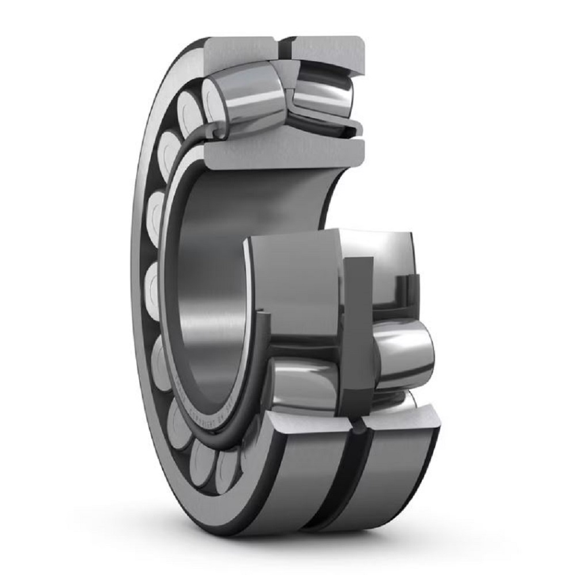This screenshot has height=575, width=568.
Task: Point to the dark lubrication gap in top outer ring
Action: (x=284, y=49)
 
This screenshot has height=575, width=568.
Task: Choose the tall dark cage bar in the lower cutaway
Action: (x=357, y=333)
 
